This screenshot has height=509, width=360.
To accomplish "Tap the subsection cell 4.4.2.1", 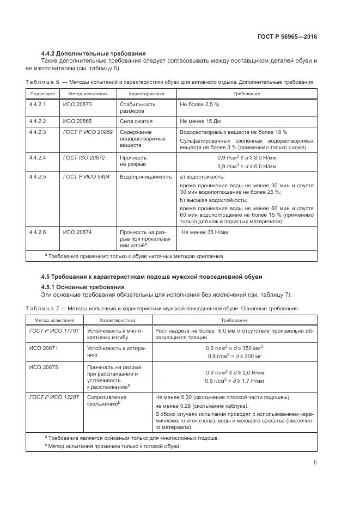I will [x=38, y=103].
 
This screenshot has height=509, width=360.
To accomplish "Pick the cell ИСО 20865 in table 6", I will [x=76, y=121].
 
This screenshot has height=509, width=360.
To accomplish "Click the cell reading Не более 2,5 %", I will [x=199, y=103].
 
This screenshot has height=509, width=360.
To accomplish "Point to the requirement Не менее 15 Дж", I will [x=200, y=121].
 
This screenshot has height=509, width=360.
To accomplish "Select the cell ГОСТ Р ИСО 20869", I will [x=88, y=132].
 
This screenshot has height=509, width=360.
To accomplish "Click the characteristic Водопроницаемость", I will [x=142, y=177].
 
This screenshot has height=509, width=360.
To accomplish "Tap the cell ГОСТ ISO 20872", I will [x=84, y=157].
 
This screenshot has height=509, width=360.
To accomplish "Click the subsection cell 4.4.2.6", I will [x=38, y=232].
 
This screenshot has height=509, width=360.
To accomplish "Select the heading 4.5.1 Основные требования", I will [x=83, y=287].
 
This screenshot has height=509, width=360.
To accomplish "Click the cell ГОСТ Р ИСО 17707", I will [x=54, y=330].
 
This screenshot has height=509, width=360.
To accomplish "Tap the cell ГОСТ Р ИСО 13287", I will [x=54, y=397].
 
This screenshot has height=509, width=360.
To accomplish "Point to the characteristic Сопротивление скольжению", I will [x=104, y=401].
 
